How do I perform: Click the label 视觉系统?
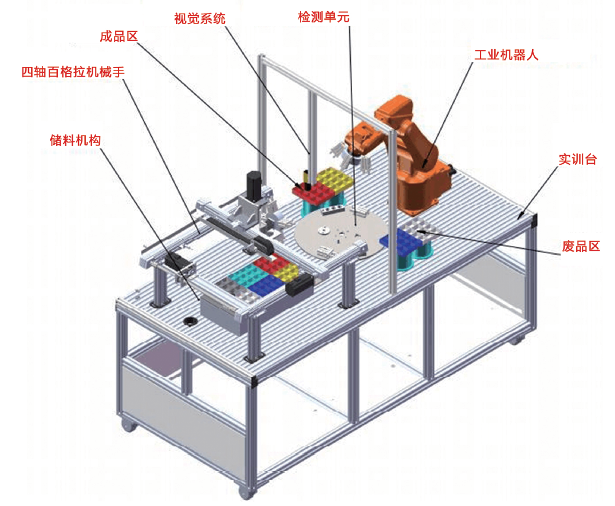click(x=199, y=18)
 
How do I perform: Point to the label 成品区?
click(x=119, y=37)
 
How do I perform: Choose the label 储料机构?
click(x=74, y=140)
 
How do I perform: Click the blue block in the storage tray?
click(x=265, y=284)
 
